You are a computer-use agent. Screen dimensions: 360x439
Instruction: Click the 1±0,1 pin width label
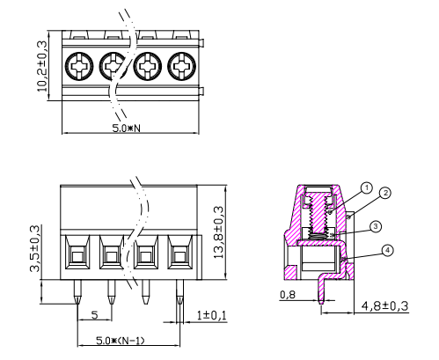point(210,314)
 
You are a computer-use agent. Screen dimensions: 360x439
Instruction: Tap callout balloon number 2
point(384,193)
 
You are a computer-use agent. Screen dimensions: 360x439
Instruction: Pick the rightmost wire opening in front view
point(180,258)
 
